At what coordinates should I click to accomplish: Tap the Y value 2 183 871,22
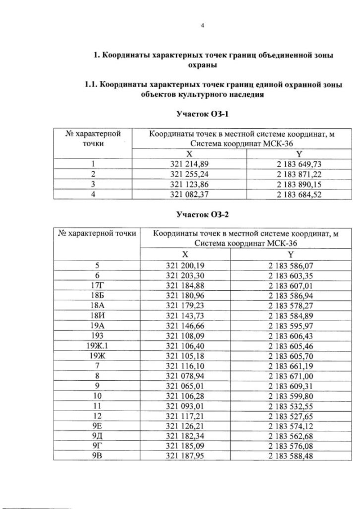tap(299, 174)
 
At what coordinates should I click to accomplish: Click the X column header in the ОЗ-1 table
tap(189, 154)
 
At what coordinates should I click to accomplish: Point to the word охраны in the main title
tap(212, 66)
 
